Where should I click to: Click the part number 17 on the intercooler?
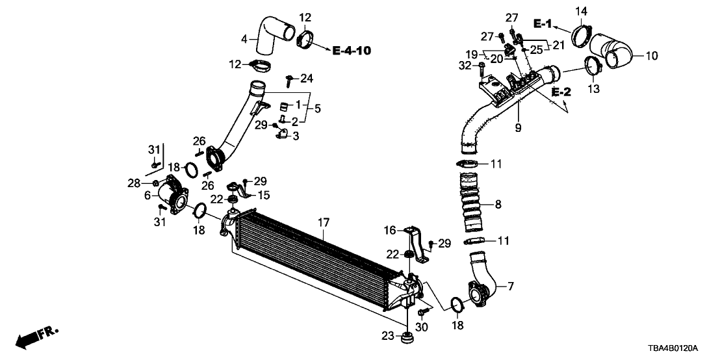323,223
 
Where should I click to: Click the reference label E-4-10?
352,51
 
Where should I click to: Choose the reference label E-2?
561,92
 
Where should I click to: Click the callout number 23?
387,337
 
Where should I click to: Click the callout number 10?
651,56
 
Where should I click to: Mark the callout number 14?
581,10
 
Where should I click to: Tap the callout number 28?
134,185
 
